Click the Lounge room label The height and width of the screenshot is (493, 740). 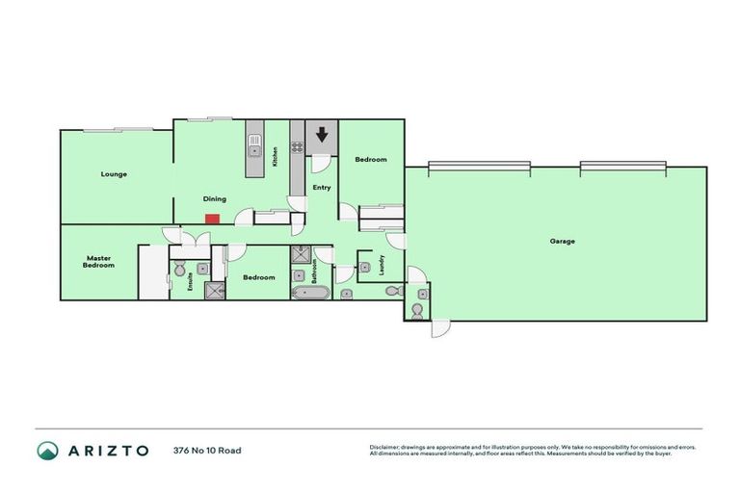click(115, 174)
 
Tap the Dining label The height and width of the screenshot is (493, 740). click(214, 199)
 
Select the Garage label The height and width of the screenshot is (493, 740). click(563, 241)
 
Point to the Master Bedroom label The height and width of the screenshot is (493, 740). click(99, 261)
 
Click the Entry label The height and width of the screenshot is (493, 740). click(322, 187)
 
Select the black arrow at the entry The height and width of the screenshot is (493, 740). click(323, 136)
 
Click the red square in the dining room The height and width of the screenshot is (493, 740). click(212, 218)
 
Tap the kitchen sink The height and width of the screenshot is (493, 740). click(254, 149)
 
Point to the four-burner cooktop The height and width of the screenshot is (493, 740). click(298, 147)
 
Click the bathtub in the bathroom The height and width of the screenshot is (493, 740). click(309, 292)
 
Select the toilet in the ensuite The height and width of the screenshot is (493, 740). click(203, 269)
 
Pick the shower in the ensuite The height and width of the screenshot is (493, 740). click(212, 290)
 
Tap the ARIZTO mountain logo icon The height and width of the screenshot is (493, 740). click(48, 451)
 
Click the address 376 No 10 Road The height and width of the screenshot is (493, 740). click(207, 451)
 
